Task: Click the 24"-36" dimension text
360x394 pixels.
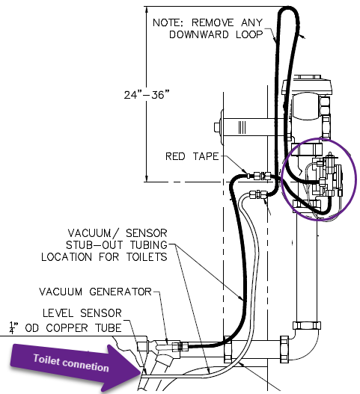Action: coord(147,95)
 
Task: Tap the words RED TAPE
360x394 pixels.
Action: coord(192,156)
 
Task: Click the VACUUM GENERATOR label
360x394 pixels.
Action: coord(95,292)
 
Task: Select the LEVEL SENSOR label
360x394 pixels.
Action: coord(82,313)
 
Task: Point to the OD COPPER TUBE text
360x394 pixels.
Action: coord(73,328)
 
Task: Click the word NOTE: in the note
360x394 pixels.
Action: coord(168,22)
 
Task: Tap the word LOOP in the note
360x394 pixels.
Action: coord(249,34)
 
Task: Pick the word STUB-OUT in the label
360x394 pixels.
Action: coord(94,245)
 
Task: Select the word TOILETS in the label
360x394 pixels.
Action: coord(147,257)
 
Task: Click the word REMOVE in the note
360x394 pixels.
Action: coord(213,22)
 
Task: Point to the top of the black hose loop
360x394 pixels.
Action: coord(288,8)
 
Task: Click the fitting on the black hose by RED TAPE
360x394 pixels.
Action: coord(262,175)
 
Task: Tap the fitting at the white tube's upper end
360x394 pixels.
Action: coord(257,194)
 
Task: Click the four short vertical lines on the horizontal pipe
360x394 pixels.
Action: coord(242,127)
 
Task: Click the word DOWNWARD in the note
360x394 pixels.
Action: coord(199,34)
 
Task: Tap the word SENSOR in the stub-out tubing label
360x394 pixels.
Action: coord(147,233)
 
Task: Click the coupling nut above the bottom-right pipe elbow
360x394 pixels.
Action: coord(307,325)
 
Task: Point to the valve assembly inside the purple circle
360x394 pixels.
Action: coord(326,177)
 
